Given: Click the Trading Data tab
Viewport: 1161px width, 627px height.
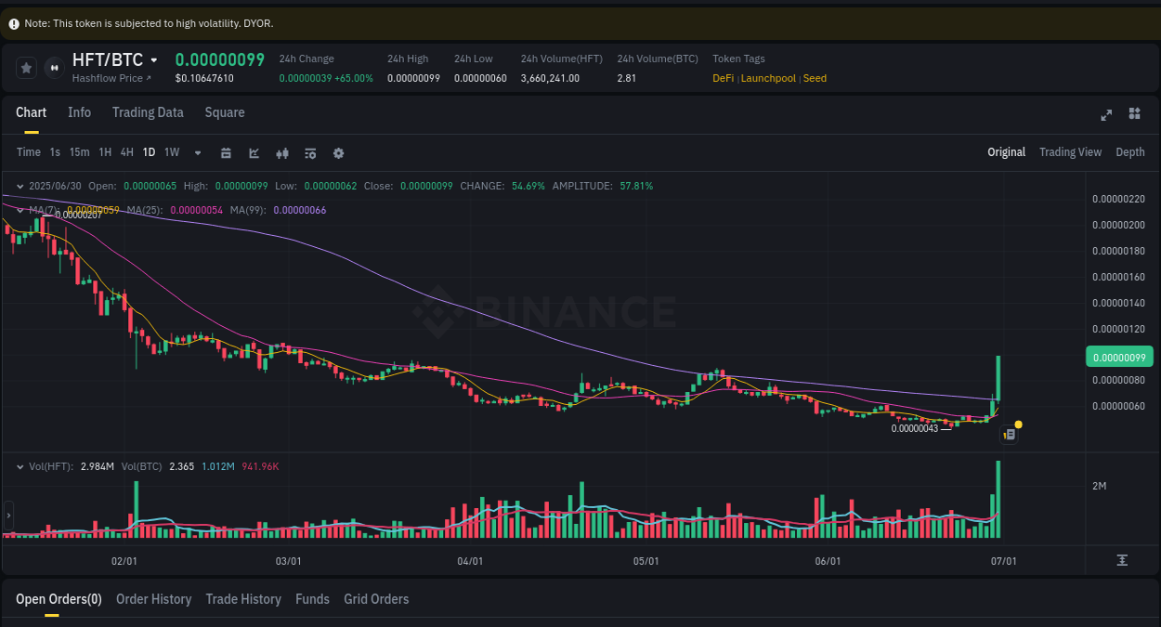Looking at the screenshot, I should (148, 112).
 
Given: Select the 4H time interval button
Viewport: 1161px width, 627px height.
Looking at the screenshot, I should (126, 152).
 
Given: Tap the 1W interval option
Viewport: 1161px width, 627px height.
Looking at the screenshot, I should (172, 152).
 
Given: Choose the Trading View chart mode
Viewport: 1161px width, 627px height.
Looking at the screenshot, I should (1070, 152).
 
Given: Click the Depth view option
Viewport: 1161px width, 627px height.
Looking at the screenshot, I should (1129, 152).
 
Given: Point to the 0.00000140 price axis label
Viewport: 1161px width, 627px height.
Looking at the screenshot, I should (1118, 303).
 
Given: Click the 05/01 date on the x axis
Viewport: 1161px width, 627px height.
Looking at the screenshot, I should (646, 561).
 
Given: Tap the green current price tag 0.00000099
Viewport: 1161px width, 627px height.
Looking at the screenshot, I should (1118, 358).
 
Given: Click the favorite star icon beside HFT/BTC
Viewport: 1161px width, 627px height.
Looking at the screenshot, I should (27, 67).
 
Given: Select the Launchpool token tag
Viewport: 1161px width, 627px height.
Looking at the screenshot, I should (768, 78).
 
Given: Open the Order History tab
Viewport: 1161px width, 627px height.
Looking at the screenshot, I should (153, 599).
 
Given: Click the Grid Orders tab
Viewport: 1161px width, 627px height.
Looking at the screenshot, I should (376, 599).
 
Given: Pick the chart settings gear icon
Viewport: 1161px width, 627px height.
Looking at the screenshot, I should (338, 153).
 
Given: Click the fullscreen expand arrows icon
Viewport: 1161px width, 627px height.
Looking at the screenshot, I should (1106, 114).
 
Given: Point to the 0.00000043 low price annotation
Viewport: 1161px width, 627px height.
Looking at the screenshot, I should (915, 428).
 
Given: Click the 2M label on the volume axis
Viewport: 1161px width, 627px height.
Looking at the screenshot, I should (1099, 486).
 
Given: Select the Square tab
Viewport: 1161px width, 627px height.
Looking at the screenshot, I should (225, 112).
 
